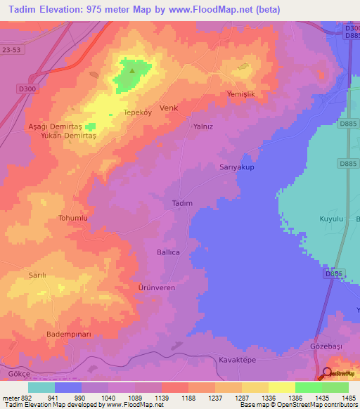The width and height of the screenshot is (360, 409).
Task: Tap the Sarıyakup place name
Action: click(x=232, y=168)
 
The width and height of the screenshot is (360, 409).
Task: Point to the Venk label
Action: click(x=169, y=108)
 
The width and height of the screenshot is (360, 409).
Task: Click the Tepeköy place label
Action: click(x=137, y=112)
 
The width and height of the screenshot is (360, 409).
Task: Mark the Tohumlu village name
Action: click(x=72, y=219)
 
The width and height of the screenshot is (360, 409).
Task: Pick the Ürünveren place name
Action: click(x=155, y=288)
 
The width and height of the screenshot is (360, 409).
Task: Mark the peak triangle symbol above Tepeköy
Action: click(x=131, y=69)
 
